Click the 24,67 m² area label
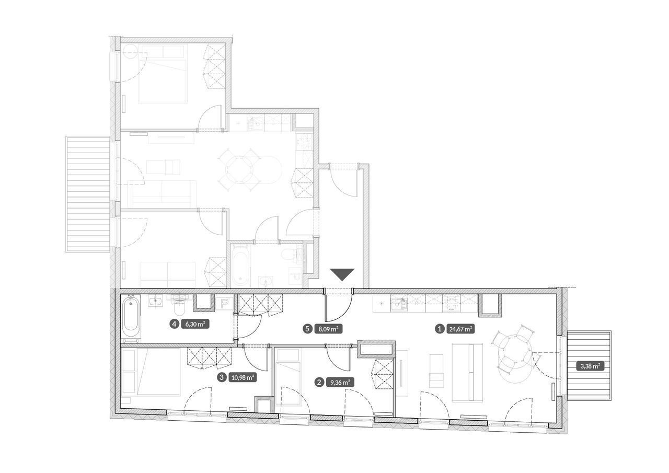pyautogui.click(x=460, y=329)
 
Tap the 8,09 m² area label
pyautogui.click(x=328, y=329)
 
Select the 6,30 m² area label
pyautogui.click(x=195, y=324)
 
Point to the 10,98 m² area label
pyautogui.click(x=243, y=377)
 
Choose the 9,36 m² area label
pyautogui.click(x=340, y=382)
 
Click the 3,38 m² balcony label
pyautogui.click(x=590, y=366)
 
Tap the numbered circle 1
pyautogui.click(x=440, y=329)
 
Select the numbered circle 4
pyautogui.click(x=175, y=324)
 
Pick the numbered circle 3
pyautogui.click(x=222, y=377)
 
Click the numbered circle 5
pyautogui.click(x=307, y=329)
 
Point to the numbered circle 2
pyautogui.click(x=319, y=382)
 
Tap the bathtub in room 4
pyautogui.click(x=131, y=318)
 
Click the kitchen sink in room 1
pyautogui.click(x=399, y=304)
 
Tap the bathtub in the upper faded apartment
pyautogui.click(x=240, y=266)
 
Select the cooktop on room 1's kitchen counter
pyautogui.click(x=451, y=304)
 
